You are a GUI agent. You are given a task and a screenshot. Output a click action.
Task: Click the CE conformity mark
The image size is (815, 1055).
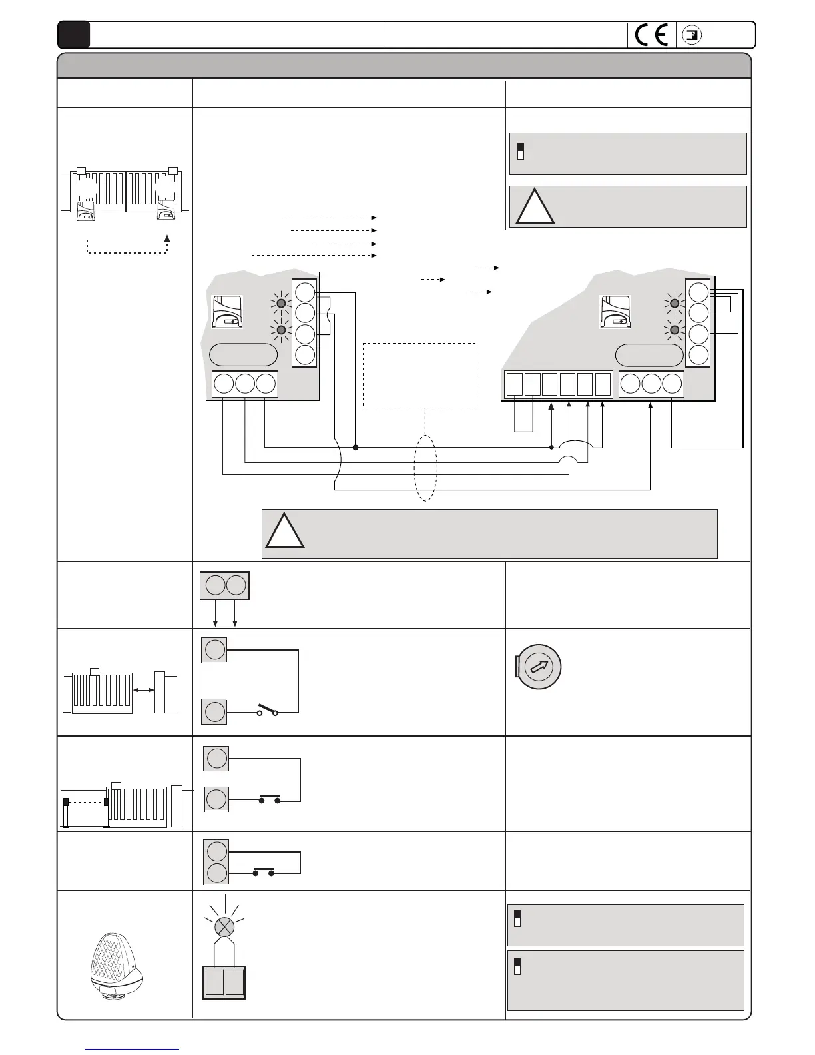click(x=651, y=35)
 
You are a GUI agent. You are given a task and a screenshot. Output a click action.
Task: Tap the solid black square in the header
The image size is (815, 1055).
click(x=73, y=35)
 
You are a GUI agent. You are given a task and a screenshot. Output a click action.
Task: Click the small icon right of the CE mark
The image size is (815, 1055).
click(x=693, y=35)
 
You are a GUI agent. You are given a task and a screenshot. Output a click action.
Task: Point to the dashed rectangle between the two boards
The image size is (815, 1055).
click(x=419, y=375)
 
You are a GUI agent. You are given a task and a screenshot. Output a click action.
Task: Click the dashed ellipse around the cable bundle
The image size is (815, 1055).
click(x=425, y=468)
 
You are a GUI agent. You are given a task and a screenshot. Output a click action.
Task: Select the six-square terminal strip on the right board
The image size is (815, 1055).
click(x=558, y=385)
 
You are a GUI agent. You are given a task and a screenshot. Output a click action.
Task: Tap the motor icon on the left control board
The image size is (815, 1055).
click(x=227, y=312)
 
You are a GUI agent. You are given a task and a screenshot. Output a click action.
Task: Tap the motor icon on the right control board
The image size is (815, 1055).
click(x=617, y=312)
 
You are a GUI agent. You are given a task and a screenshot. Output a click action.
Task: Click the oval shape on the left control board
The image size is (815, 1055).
click(x=243, y=355)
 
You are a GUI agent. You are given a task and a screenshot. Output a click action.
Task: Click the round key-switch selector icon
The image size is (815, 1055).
click(x=539, y=667)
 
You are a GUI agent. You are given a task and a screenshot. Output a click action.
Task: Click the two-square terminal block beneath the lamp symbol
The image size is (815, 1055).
click(x=224, y=982)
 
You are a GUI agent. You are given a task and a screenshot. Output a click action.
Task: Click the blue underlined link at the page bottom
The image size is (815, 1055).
click(x=132, y=1050)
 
